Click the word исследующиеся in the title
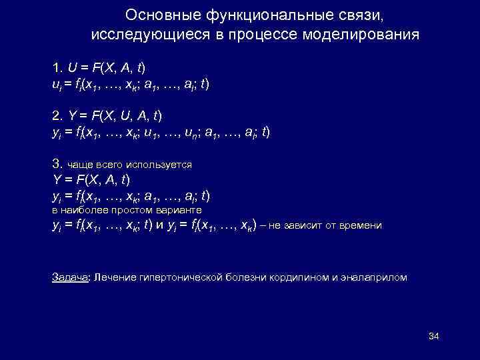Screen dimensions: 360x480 click(x=150, y=34)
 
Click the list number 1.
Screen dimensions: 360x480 click(x=57, y=68)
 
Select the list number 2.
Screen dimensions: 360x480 click(x=57, y=115)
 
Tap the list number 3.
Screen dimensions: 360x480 click(x=57, y=163)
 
